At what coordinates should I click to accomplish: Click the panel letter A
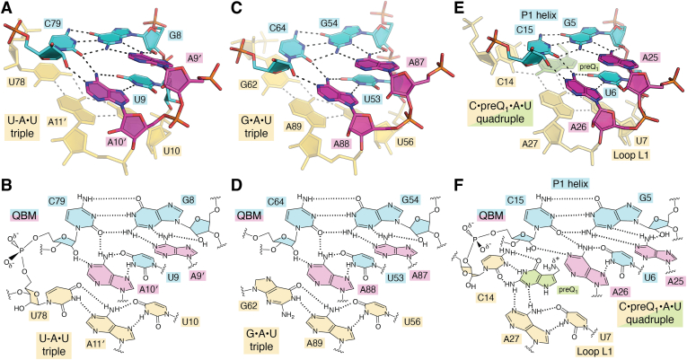point(7,8)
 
